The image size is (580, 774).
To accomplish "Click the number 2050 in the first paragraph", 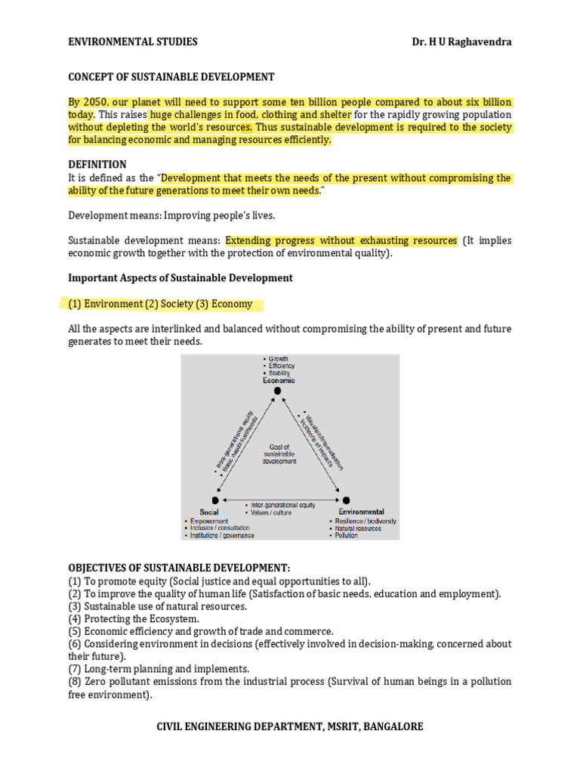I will (95, 102).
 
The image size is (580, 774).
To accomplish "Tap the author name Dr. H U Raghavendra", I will (458, 42).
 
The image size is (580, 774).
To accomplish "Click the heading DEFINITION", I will (97, 164).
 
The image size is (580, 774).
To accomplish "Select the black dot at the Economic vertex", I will (267, 391).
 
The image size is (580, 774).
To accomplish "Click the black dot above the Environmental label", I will (346, 500).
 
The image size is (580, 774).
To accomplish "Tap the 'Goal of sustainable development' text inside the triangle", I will (279, 454).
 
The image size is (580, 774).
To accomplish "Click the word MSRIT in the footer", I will (339, 726).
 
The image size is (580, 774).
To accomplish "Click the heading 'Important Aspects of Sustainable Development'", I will (180, 277).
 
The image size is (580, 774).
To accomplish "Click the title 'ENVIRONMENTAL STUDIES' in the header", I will (133, 42).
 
